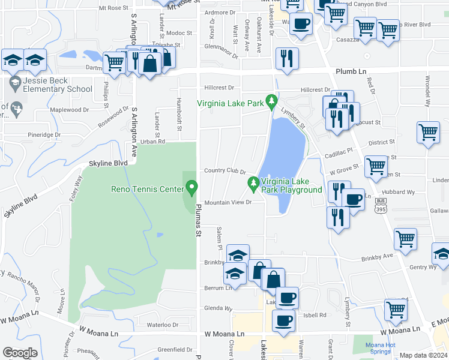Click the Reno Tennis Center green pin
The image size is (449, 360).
192,188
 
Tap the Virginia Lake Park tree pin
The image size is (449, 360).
272,102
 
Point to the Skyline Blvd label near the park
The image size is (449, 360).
109,163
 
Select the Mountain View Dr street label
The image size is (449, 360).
227,202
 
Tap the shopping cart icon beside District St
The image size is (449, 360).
428,132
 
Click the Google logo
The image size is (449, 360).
20,352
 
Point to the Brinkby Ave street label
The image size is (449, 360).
377,257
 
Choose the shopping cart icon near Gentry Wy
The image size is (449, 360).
406,238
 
